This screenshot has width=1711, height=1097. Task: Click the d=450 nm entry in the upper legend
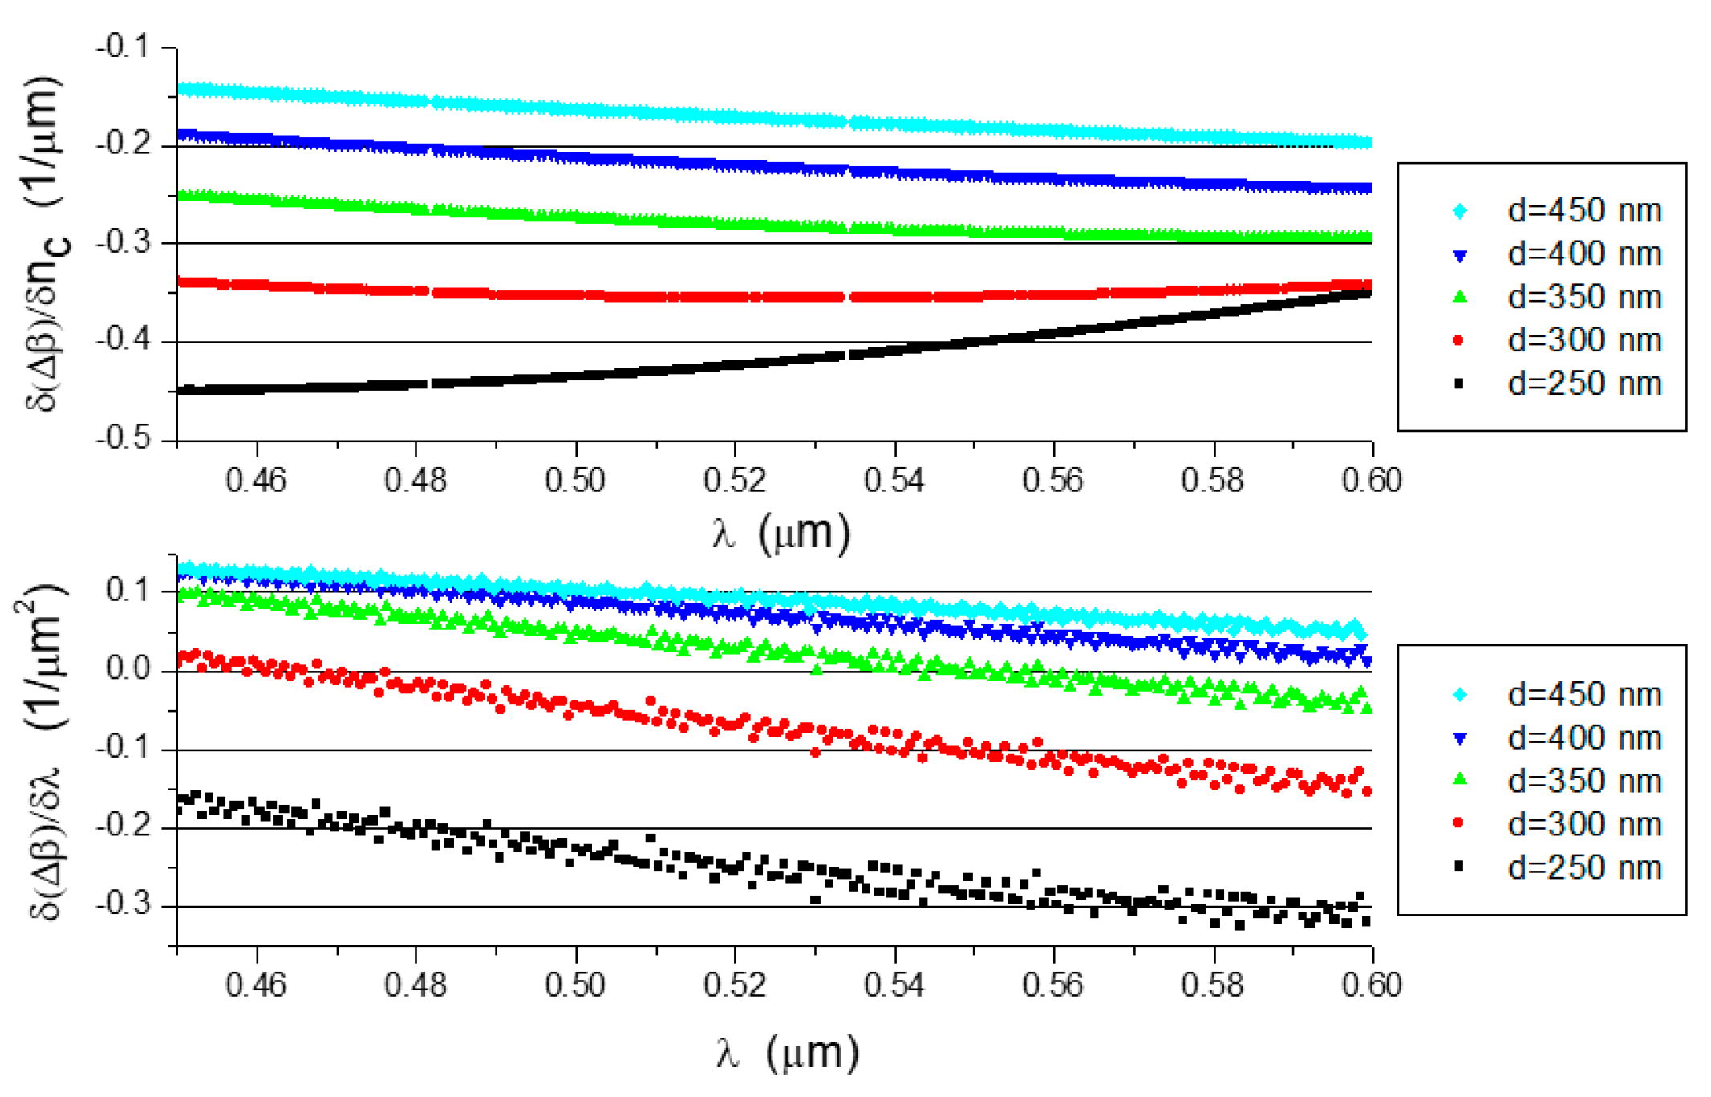tap(1583, 211)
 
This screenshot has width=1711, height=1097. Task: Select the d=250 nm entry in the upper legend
tap(1583, 384)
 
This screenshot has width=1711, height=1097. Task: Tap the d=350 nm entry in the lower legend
tap(1583, 781)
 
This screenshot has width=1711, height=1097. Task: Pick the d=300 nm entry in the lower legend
tap(1583, 824)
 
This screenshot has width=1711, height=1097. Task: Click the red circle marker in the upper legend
tap(1459, 341)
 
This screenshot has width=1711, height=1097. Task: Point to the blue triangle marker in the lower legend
tap(1460, 738)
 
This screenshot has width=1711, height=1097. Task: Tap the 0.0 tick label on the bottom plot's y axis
tap(128, 669)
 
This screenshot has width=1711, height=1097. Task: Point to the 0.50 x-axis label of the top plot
tap(574, 481)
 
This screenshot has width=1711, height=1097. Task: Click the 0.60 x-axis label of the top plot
tap(1372, 481)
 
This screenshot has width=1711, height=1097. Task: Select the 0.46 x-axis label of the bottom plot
tap(256, 985)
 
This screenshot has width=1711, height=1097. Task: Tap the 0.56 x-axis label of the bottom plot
tap(1052, 985)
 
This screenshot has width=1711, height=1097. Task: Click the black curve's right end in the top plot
tap(1368, 294)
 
